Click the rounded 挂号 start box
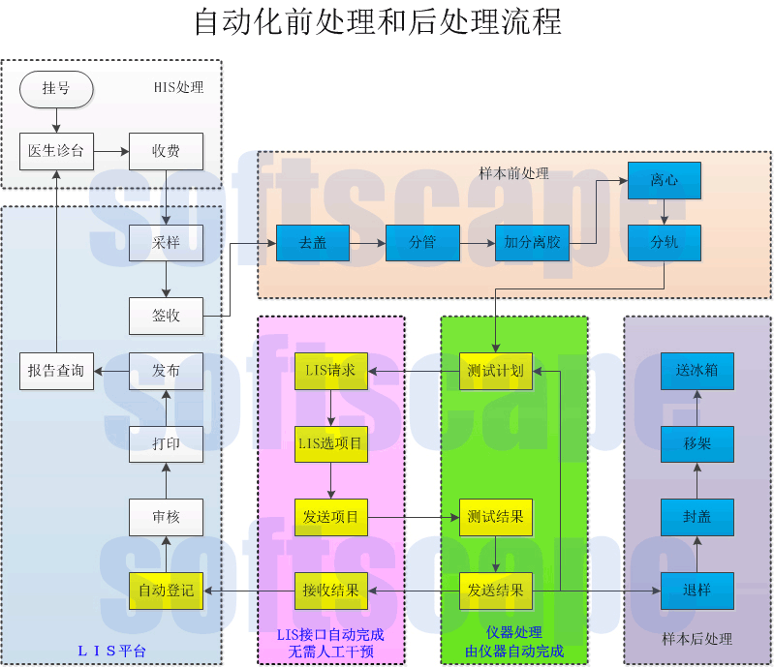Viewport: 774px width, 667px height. pos(56,89)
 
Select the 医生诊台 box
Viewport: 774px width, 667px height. pos(56,151)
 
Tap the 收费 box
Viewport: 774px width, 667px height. pos(166,151)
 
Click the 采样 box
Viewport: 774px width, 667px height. pos(166,242)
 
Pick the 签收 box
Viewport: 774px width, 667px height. pos(166,316)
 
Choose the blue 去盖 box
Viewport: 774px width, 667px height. pos(312,242)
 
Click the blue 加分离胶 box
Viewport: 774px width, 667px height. pos(532,242)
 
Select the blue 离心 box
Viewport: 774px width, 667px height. pos(664,181)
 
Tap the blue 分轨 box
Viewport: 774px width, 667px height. pos(664,242)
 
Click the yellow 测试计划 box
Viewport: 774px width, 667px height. pos(495,371)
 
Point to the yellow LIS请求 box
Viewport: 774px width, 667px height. pos(330,371)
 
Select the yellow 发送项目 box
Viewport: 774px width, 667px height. pos(330,517)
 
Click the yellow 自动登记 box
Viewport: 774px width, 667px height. pos(166,590)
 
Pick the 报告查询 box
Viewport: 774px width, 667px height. pos(56,371)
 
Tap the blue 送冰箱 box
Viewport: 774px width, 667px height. pos(697,371)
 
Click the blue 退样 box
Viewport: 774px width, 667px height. pos(697,590)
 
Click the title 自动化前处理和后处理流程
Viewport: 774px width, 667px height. pos(377,21)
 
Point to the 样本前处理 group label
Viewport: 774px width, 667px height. pos(513,173)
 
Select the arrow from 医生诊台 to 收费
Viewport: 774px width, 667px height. pos(111,151)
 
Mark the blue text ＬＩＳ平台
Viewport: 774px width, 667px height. pos(111,651)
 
